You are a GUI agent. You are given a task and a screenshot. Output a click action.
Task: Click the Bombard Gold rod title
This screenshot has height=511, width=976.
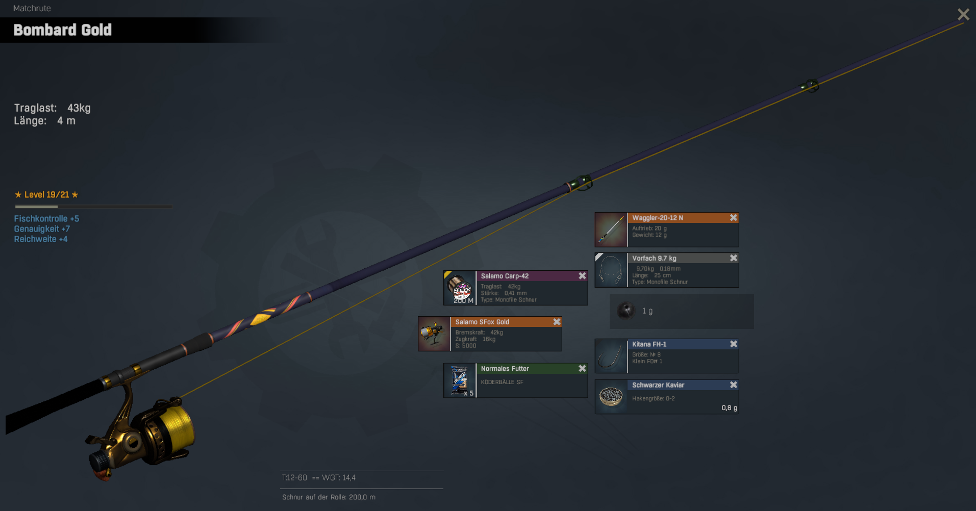tap(62, 30)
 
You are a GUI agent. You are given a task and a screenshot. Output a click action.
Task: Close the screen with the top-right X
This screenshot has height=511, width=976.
tap(963, 14)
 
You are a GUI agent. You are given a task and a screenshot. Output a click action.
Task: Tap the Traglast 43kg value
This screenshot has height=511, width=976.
tap(79, 108)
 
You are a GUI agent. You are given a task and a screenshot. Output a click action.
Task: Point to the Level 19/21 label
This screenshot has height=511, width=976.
tap(46, 195)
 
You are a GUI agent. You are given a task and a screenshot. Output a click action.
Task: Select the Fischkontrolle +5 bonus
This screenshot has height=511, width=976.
tap(46, 219)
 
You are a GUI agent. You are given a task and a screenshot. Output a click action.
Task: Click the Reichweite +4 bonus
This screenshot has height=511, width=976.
tap(41, 239)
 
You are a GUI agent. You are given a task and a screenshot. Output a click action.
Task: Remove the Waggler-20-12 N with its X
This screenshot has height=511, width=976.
tap(733, 218)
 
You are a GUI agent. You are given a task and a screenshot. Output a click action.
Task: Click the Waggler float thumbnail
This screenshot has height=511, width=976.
tap(611, 230)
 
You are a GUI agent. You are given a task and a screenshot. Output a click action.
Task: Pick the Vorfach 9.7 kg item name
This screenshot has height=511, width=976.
tap(654, 259)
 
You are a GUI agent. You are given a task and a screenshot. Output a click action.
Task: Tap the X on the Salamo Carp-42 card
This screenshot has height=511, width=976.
tap(582, 276)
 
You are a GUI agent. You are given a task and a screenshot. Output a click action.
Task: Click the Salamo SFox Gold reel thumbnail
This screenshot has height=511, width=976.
tap(434, 334)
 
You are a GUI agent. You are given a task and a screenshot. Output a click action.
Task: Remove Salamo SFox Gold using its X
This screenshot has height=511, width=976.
tap(557, 322)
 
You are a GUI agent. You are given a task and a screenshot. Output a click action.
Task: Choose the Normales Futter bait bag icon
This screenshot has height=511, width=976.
tap(460, 380)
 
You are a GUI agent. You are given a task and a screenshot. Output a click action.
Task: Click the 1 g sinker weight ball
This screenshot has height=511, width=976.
tap(625, 311)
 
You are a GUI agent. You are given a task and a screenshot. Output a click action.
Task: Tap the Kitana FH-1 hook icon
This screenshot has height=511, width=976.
tap(611, 356)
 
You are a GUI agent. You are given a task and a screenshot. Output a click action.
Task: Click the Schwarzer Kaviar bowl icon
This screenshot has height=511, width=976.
tap(611, 396)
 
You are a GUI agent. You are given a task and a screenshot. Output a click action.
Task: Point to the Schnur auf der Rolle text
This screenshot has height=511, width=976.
tap(329, 497)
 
